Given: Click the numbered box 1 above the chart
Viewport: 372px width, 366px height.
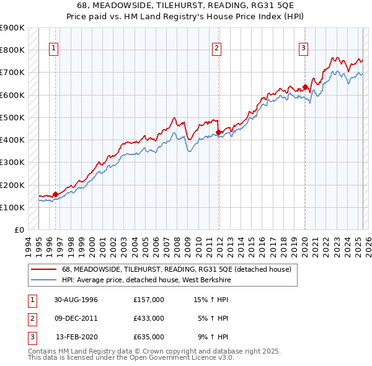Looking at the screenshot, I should [x=54, y=49].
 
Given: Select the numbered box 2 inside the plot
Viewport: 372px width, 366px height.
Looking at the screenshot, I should [x=216, y=49].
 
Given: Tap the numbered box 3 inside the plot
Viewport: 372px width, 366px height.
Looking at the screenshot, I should [x=304, y=49].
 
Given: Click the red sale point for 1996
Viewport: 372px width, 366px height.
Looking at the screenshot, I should [x=55, y=194].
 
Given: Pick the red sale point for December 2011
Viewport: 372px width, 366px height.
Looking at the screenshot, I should [x=219, y=132].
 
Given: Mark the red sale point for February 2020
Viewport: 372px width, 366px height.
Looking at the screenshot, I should [x=305, y=86].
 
